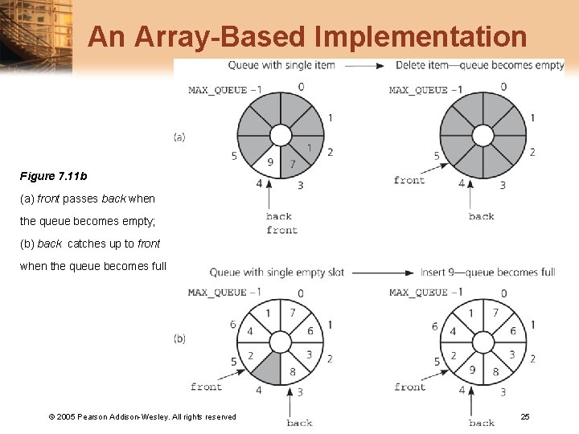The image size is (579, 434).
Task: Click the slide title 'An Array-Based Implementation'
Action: pos(307,37)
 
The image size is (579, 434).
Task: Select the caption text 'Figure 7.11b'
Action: pos(54,175)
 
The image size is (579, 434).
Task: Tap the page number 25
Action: pos(524,416)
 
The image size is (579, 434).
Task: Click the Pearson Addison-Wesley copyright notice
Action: pos(142,416)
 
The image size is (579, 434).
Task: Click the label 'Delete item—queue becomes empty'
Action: pos(480,65)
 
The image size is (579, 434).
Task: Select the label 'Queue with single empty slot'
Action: pos(277,272)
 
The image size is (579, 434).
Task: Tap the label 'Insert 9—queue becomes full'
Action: pos(487,272)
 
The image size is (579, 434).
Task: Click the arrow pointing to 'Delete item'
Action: pos(367,65)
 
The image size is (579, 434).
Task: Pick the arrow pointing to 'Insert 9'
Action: pos(381,272)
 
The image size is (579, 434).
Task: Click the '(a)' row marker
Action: pos(179,137)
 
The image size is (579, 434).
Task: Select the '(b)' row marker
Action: pos(179,338)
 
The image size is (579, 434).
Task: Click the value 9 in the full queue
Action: pos(474,371)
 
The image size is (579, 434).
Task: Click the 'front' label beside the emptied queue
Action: pos(409,180)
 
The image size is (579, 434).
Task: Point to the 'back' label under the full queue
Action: pos(482,423)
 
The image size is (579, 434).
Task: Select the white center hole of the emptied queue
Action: pos(482,135)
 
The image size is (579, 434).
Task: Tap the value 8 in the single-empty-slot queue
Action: pos(291,371)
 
